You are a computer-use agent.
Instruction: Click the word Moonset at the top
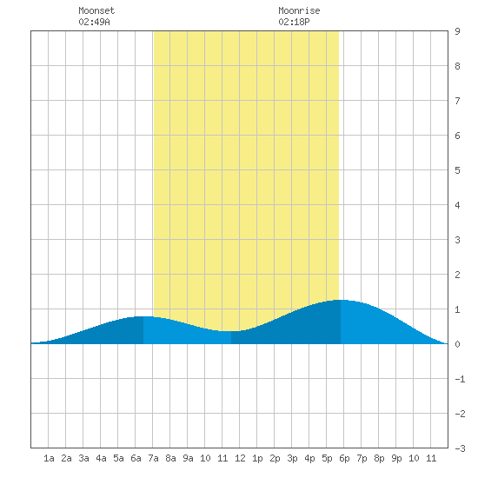pyautogui.click(x=96, y=10)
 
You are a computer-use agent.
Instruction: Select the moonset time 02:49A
pyautogui.click(x=94, y=22)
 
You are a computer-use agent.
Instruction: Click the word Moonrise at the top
pyautogui.click(x=299, y=10)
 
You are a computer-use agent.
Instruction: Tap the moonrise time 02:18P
pyautogui.click(x=294, y=22)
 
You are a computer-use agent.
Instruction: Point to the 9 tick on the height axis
pyautogui.click(x=457, y=31)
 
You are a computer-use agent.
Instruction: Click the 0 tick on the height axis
pyautogui.click(x=457, y=344)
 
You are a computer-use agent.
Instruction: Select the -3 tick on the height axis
pyautogui.click(x=460, y=448)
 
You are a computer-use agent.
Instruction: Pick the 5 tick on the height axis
pyautogui.click(x=457, y=170)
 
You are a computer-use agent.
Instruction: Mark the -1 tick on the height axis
pyautogui.click(x=460, y=379)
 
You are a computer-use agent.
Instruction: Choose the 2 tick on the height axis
pyautogui.click(x=457, y=275)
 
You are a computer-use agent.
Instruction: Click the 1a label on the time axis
pyautogui.click(x=49, y=458)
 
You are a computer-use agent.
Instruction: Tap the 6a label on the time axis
pyautogui.click(x=136, y=458)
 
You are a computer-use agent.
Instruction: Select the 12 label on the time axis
pyautogui.click(x=240, y=458)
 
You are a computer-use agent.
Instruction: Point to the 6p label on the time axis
pyautogui.click(x=344, y=458)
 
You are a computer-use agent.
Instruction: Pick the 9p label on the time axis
pyautogui.click(x=396, y=458)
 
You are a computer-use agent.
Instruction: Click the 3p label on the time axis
pyautogui.click(x=292, y=458)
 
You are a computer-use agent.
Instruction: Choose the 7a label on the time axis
pyautogui.click(x=153, y=458)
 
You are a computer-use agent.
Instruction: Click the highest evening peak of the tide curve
pyautogui.click(x=341, y=301)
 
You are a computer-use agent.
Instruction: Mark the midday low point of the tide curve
pyautogui.click(x=231, y=331)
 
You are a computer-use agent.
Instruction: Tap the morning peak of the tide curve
pyautogui.click(x=143, y=316)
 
